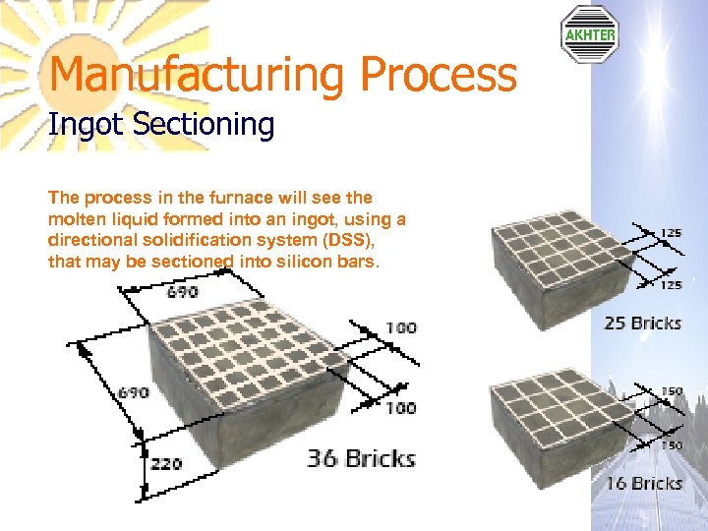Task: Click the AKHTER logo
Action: click(x=589, y=34)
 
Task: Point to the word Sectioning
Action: click(x=205, y=125)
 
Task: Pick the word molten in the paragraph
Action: click(x=78, y=219)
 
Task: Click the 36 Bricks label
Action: click(x=361, y=458)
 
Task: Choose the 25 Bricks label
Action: click(x=642, y=323)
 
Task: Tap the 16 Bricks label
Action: click(x=643, y=483)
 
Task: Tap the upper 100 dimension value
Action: click(x=399, y=327)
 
